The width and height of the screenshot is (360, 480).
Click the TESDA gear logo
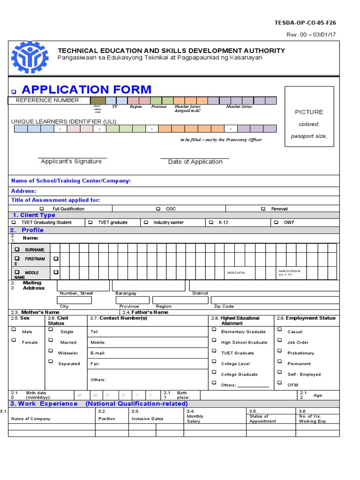(30, 57)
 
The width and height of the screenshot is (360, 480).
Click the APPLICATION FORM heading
(86, 90)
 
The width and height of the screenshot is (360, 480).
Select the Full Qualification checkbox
(42, 209)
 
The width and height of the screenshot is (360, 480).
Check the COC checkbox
(158, 209)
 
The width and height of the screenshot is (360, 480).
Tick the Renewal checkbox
(263, 209)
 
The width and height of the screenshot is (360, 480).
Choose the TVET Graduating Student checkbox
(14, 222)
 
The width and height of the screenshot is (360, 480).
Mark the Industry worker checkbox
(146, 222)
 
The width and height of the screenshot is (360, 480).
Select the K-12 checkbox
(211, 222)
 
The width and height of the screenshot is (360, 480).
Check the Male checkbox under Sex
(14, 330)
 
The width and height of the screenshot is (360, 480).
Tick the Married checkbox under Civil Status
(50, 340)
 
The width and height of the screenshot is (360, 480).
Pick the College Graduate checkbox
(213, 373)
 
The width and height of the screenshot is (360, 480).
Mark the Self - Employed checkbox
(279, 373)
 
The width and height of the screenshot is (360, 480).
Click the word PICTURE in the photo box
(309, 112)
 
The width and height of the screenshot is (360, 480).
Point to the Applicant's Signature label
(71, 161)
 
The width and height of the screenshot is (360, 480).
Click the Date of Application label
(195, 162)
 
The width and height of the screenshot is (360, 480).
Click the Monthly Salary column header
(195, 419)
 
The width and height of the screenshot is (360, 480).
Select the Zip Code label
(224, 306)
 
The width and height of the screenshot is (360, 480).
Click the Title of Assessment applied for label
(55, 200)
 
